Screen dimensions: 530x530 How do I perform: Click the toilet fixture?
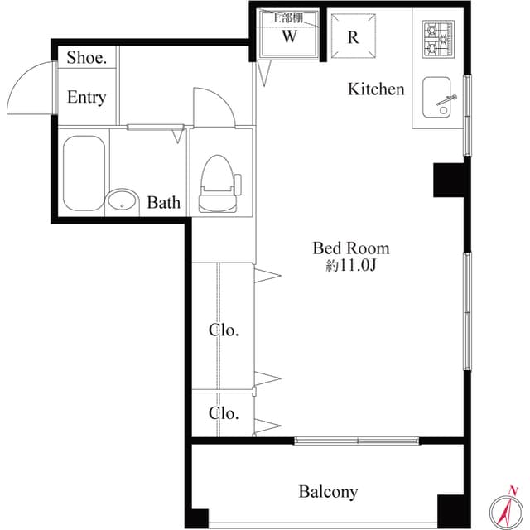219,184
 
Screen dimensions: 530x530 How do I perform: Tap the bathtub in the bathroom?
84,173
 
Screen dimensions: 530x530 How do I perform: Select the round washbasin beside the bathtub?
122,202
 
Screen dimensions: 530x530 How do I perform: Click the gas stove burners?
438,39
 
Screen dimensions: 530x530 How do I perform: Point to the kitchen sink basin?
436,97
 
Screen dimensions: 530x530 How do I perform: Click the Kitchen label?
376,89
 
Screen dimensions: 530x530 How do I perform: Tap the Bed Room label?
351,248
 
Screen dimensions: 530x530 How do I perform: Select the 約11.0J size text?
351,266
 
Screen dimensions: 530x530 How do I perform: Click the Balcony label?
328,492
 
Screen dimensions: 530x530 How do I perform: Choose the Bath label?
164,202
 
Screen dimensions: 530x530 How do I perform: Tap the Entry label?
86,98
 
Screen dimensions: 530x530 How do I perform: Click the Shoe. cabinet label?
86,57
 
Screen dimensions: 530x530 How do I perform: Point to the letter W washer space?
289,36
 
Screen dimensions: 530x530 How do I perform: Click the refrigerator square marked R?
354,36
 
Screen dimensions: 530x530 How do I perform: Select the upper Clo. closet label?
224,330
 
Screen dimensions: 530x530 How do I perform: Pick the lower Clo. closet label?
224,413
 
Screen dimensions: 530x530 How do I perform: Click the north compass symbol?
506,508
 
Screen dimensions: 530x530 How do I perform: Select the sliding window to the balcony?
357,441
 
